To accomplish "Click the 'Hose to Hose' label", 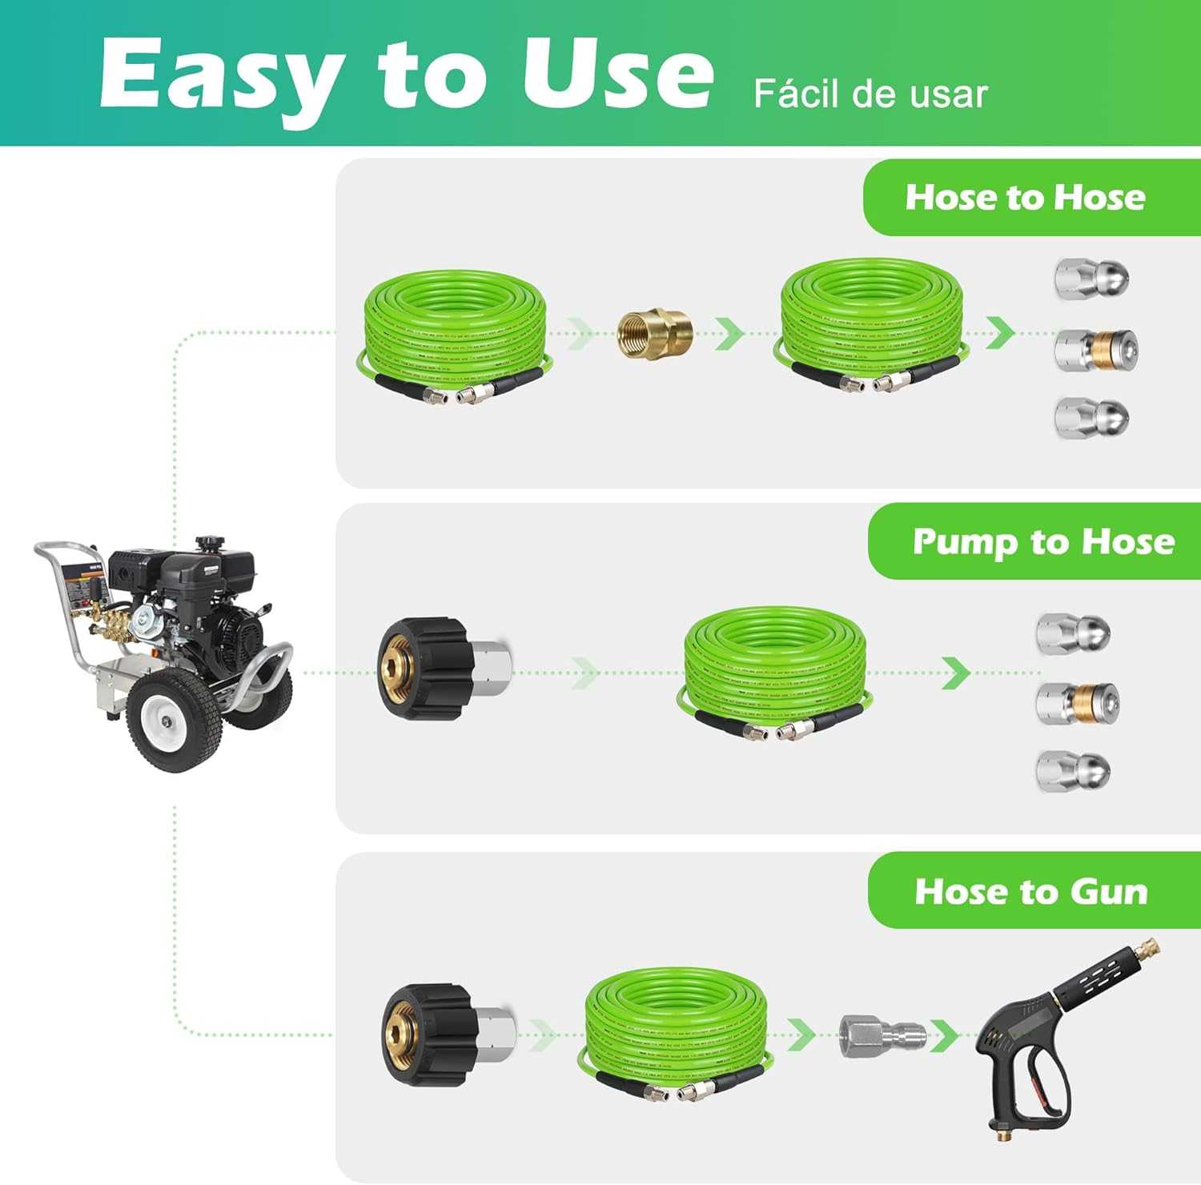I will coord(1025,197).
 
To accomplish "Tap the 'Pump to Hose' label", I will coord(1043,542).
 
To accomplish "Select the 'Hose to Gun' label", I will coord(1031,891).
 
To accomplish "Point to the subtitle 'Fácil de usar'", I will coord(870,94).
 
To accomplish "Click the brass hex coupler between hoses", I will coord(655,332).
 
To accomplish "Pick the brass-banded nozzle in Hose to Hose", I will coord(1095,349).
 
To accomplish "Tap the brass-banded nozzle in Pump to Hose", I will coord(1077,703).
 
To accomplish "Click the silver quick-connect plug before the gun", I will coord(882,1035).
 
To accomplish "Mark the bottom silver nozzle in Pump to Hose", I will coord(1073,772).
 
